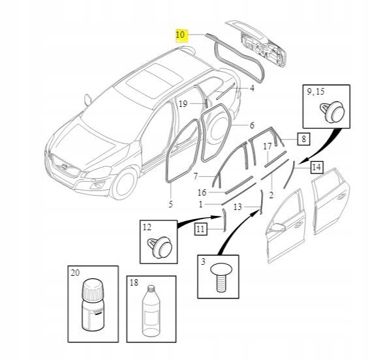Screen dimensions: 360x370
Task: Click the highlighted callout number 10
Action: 181,35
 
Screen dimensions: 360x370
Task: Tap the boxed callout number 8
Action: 303,138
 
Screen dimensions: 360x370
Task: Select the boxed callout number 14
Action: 316,167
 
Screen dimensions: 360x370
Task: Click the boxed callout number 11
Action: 200,228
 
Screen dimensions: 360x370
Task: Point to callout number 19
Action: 183,104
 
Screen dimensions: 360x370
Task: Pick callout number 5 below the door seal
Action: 171,204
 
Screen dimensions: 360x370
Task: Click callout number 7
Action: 195,177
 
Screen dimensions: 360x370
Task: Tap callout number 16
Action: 202,192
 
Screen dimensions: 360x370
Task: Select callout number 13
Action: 238,207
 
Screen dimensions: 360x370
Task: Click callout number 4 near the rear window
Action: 253,89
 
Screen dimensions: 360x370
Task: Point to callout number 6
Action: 252,125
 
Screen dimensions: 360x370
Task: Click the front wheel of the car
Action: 123,183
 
